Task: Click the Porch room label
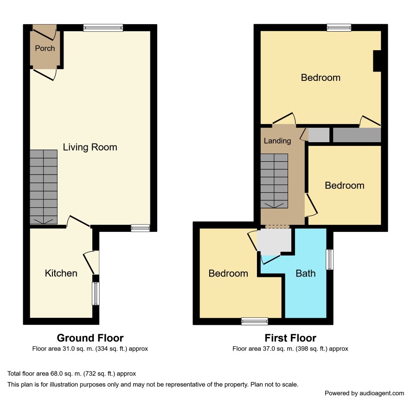(45, 48)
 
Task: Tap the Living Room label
(90, 147)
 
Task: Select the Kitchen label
(61, 273)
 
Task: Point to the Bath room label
(305, 273)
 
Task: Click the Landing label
(277, 141)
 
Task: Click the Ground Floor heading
(90, 338)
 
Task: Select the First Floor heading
(290, 338)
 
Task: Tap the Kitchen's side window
(96, 294)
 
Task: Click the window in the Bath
(329, 259)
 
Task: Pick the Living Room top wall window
(103, 27)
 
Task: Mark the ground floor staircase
(44, 187)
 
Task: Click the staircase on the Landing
(274, 181)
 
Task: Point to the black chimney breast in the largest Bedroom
(377, 61)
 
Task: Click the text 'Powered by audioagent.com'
(364, 393)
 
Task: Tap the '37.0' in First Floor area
(269, 349)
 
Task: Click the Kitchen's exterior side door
(91, 263)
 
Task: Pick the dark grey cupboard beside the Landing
(357, 135)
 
